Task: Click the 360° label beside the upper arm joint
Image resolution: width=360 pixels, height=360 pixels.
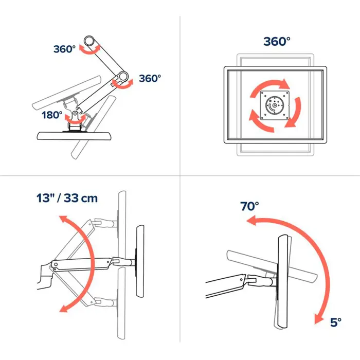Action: click(x=64, y=49)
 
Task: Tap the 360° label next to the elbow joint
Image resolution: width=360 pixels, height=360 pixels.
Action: click(x=150, y=78)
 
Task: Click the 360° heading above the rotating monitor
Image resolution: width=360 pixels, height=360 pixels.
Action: click(x=277, y=42)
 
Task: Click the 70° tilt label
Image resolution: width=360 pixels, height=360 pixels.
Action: click(x=250, y=206)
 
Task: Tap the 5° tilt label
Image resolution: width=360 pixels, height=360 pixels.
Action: click(x=335, y=322)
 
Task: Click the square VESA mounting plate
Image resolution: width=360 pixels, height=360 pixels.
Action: click(x=274, y=105)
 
